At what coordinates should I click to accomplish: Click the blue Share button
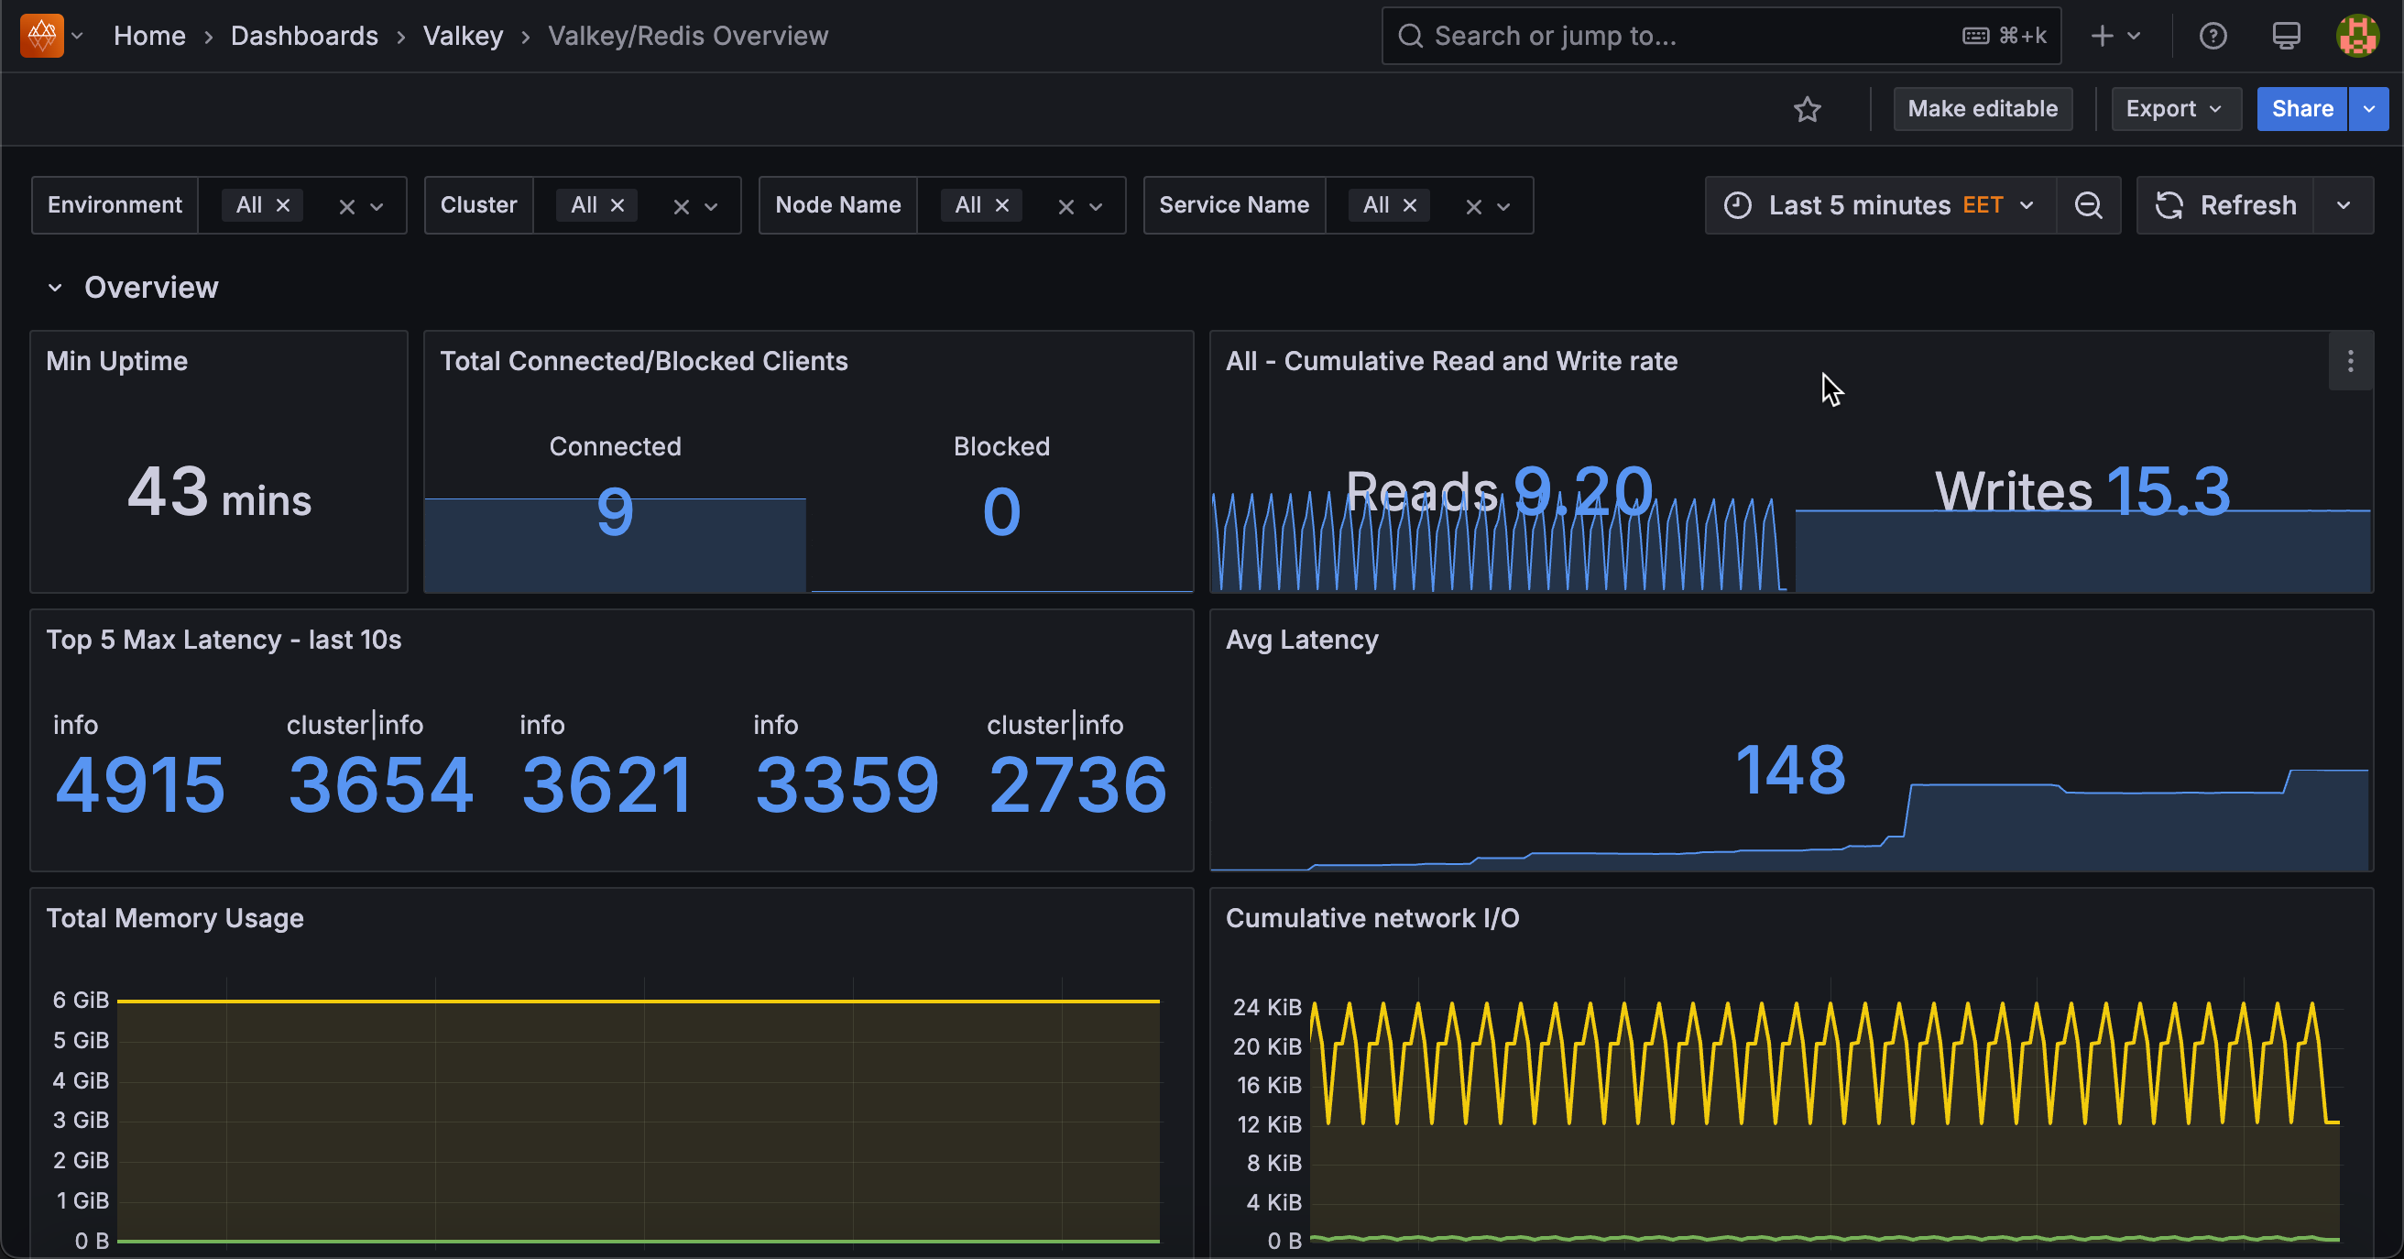point(2300,109)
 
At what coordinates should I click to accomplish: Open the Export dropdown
point(2174,109)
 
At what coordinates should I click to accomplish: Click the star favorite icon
point(1807,109)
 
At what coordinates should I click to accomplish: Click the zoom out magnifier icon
point(2088,205)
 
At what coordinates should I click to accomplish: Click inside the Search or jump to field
point(1680,36)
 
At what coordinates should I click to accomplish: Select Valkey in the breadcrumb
point(463,36)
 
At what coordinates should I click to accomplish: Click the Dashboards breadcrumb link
point(304,36)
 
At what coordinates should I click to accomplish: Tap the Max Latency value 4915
point(140,785)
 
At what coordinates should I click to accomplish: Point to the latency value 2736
point(1077,785)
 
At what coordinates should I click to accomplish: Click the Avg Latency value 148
point(1790,770)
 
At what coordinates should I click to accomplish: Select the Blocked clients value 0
point(1001,511)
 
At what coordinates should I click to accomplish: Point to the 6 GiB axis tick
point(81,1001)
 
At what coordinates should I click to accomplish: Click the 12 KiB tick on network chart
point(1268,1124)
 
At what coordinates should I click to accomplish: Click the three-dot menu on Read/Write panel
point(2350,361)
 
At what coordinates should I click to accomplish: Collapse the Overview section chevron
point(55,288)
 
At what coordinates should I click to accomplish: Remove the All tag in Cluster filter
point(617,205)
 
